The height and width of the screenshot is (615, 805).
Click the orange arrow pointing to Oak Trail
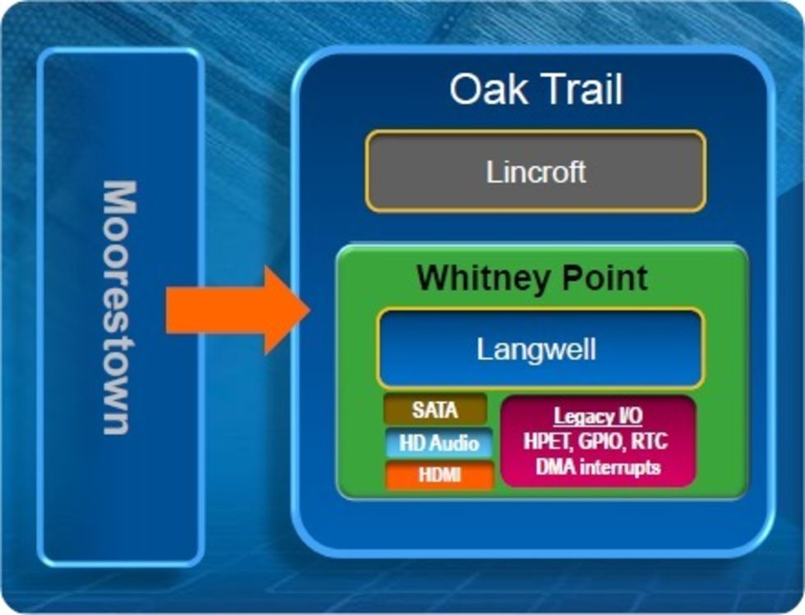[237, 310]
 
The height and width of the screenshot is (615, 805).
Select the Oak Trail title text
[536, 89]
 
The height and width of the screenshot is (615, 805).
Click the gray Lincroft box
[536, 171]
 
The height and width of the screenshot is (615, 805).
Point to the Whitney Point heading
[532, 278]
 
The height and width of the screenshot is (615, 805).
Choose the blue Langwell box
[540, 349]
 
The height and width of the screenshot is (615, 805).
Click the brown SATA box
[435, 410]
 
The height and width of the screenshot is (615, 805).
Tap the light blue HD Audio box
[439, 443]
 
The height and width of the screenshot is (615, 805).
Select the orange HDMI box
[439, 475]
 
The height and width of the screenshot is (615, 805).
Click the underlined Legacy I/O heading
[598, 416]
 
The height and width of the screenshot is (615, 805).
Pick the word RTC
[650, 441]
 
